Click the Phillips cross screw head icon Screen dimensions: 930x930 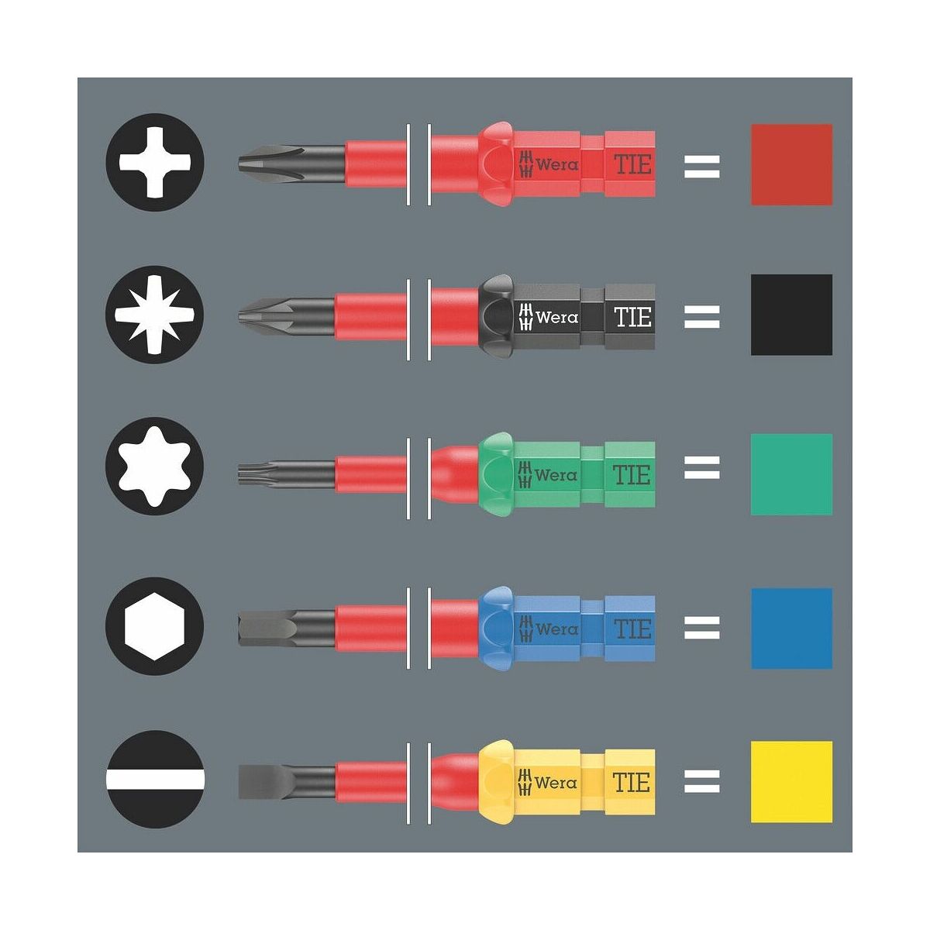coord(155,162)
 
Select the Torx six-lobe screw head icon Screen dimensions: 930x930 coord(155,467)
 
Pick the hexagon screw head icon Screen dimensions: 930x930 coord(155,626)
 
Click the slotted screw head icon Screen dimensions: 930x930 coord(155,780)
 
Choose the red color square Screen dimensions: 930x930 coord(792,164)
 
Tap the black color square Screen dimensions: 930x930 coord(792,315)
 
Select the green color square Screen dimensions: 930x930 coord(792,474)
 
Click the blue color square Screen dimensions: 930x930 coord(792,629)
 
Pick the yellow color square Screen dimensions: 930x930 coord(792,782)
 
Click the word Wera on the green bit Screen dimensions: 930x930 coord(556,475)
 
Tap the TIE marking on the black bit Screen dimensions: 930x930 coord(632,317)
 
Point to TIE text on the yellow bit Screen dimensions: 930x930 coord(632,782)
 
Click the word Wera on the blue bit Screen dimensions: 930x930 coord(556,629)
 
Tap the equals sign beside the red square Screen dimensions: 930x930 coord(701,167)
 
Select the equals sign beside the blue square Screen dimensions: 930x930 coord(701,628)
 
